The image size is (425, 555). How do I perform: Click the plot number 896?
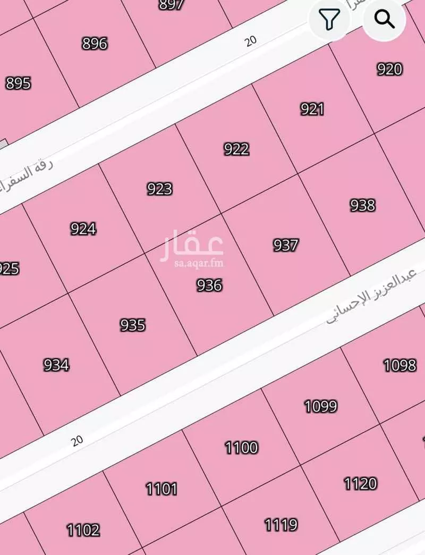pyautogui.click(x=95, y=43)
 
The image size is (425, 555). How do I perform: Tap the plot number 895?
pyautogui.click(x=18, y=83)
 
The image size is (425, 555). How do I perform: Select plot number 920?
pyautogui.click(x=389, y=69)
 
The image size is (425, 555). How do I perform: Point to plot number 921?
pyautogui.click(x=312, y=109)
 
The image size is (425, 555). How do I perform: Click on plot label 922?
pyautogui.click(x=236, y=149)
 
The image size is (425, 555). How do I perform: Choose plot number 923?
pyautogui.click(x=159, y=189)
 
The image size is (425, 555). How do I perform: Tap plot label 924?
pyautogui.click(x=83, y=229)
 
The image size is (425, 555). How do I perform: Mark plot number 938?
pyautogui.click(x=362, y=205)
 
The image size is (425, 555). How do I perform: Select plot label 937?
pyautogui.click(x=286, y=245)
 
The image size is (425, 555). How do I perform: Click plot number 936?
pyautogui.click(x=209, y=285)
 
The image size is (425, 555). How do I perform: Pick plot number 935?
pyautogui.click(x=132, y=325)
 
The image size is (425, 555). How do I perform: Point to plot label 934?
pyautogui.click(x=56, y=365)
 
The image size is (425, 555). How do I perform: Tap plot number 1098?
pyautogui.click(x=399, y=365)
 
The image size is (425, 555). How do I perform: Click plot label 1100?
pyautogui.click(x=242, y=448)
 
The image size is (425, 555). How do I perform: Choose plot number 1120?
pyautogui.click(x=360, y=484)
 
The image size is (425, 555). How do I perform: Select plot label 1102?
pyautogui.click(x=83, y=530)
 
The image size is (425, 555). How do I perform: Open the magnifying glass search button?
pyautogui.click(x=384, y=20)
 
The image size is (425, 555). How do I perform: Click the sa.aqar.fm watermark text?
pyautogui.click(x=192, y=263)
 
